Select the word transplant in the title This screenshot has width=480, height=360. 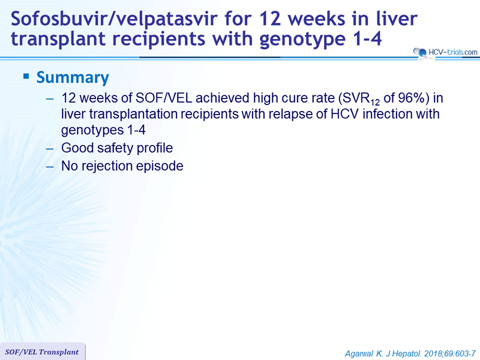[x=58, y=40]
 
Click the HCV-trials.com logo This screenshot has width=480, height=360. [x=445, y=52]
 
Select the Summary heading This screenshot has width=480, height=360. [x=73, y=77]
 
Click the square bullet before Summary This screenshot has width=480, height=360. [x=26, y=76]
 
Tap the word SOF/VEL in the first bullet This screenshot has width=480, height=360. [x=163, y=98]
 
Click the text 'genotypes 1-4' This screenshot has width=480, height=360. [x=103, y=130]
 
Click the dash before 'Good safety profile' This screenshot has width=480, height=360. [x=50, y=149]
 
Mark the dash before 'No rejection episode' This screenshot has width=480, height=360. [x=50, y=167]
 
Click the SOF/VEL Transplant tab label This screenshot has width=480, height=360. [x=42, y=352]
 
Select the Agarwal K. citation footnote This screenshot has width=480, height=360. [x=410, y=353]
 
